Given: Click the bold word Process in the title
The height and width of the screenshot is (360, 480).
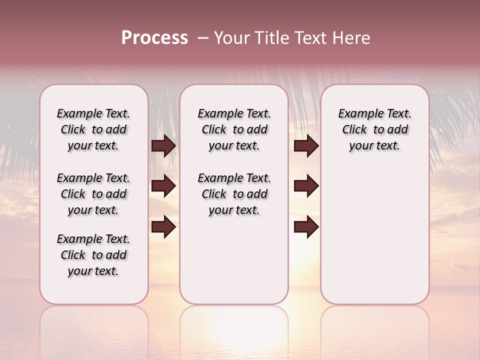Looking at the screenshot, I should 154,38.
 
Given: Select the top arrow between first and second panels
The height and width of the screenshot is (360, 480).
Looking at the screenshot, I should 163,145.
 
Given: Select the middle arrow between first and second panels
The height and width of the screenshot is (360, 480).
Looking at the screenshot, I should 163,186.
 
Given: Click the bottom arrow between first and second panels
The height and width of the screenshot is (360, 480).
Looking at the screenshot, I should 163,227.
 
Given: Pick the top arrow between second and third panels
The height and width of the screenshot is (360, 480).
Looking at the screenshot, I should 306,145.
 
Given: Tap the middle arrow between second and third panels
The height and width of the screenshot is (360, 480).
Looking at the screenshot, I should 306,186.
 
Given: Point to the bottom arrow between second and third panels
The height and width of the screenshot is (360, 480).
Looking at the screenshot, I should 306,227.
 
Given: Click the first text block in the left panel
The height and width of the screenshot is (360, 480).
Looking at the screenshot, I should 93,129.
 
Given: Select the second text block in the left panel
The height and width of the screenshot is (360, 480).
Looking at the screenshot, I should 93,194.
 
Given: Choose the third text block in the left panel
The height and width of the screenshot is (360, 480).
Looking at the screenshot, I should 93,255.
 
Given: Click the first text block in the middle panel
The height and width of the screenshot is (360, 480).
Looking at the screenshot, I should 234,129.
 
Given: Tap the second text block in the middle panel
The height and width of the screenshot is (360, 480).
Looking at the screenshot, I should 234,194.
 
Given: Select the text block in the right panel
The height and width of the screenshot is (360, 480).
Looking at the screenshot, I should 374,129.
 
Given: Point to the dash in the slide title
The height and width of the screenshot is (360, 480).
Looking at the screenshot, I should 203,38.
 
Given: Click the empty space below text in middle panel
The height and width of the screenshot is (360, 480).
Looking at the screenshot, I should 234,260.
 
